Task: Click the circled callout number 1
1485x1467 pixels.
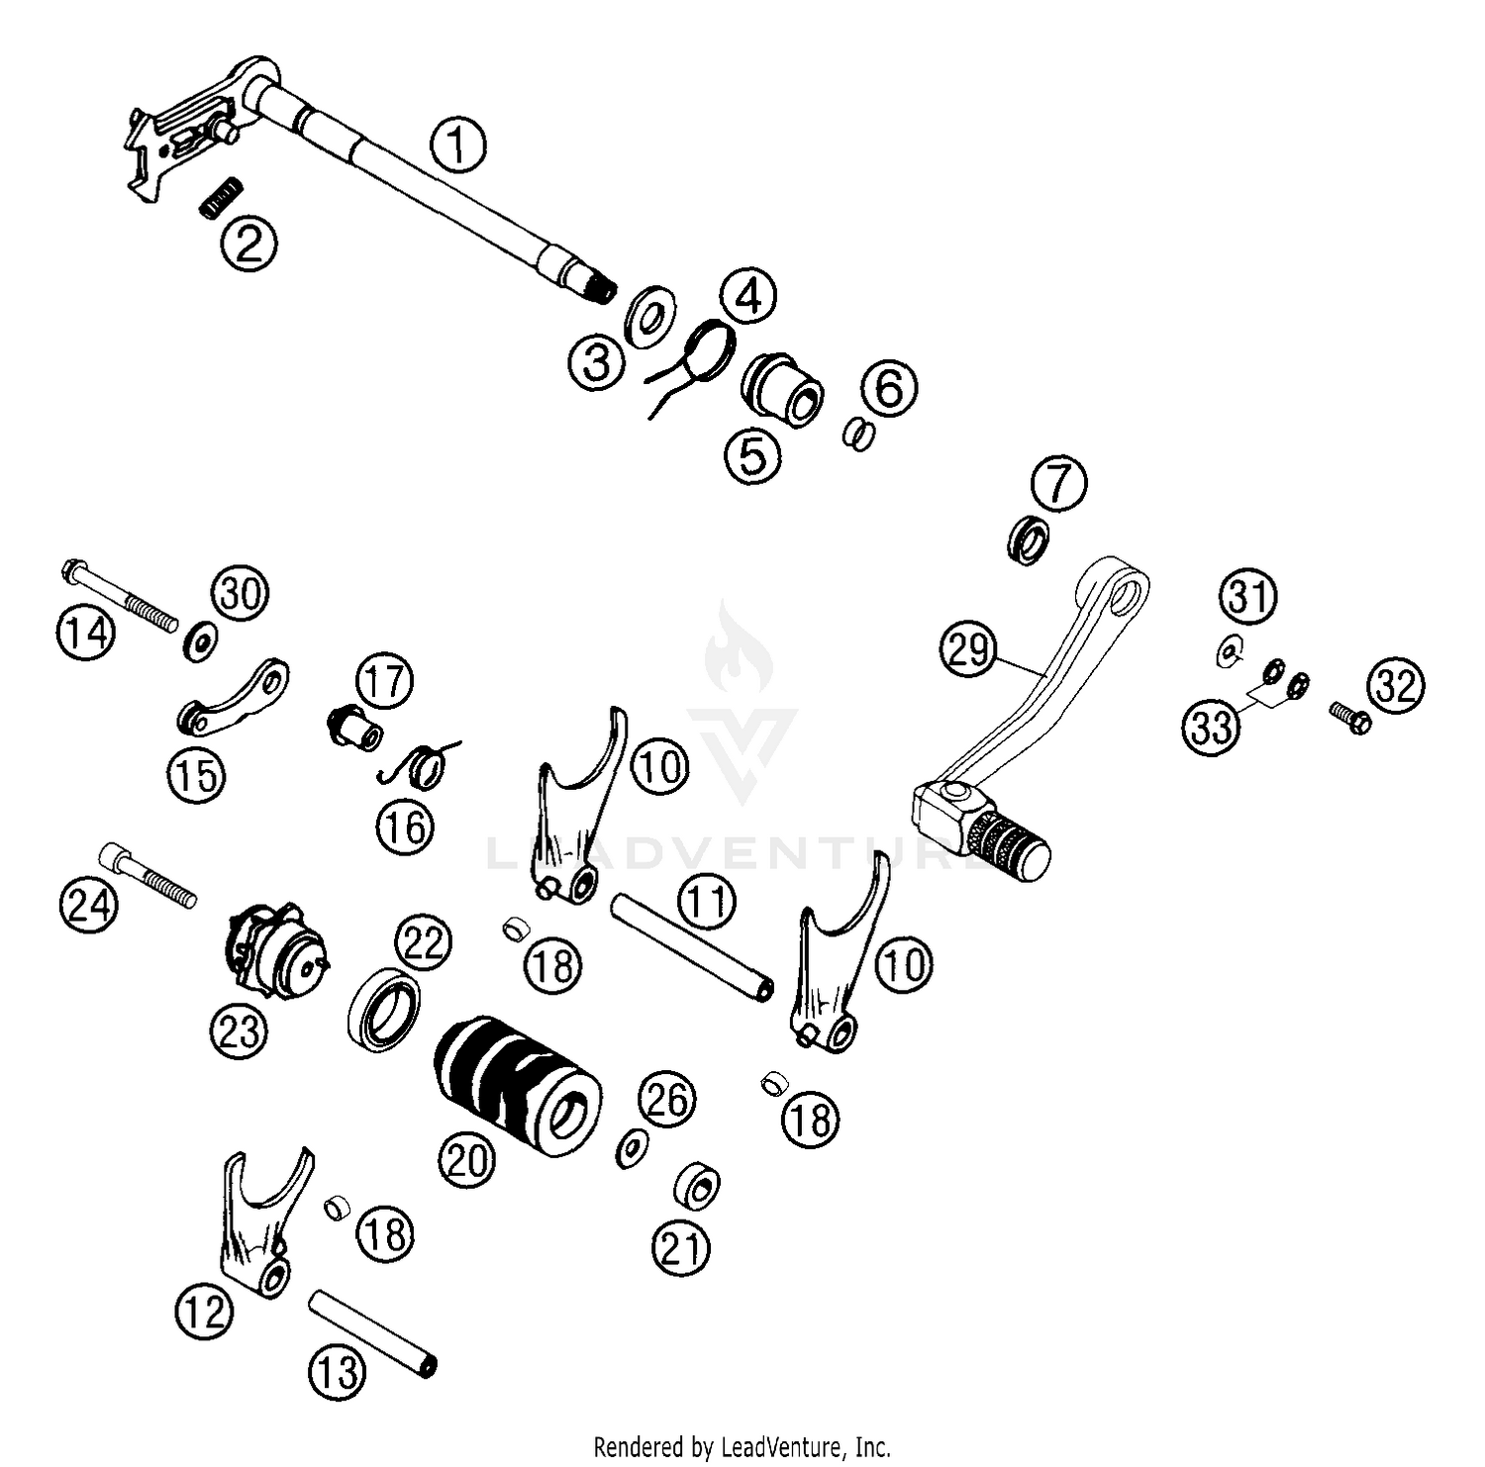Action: click(457, 146)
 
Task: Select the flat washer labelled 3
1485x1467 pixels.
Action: click(649, 313)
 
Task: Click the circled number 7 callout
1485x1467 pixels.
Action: click(1058, 484)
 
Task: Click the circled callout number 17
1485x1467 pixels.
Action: click(385, 682)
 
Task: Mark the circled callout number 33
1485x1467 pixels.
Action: click(1213, 727)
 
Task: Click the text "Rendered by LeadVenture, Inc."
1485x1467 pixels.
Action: click(742, 1446)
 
